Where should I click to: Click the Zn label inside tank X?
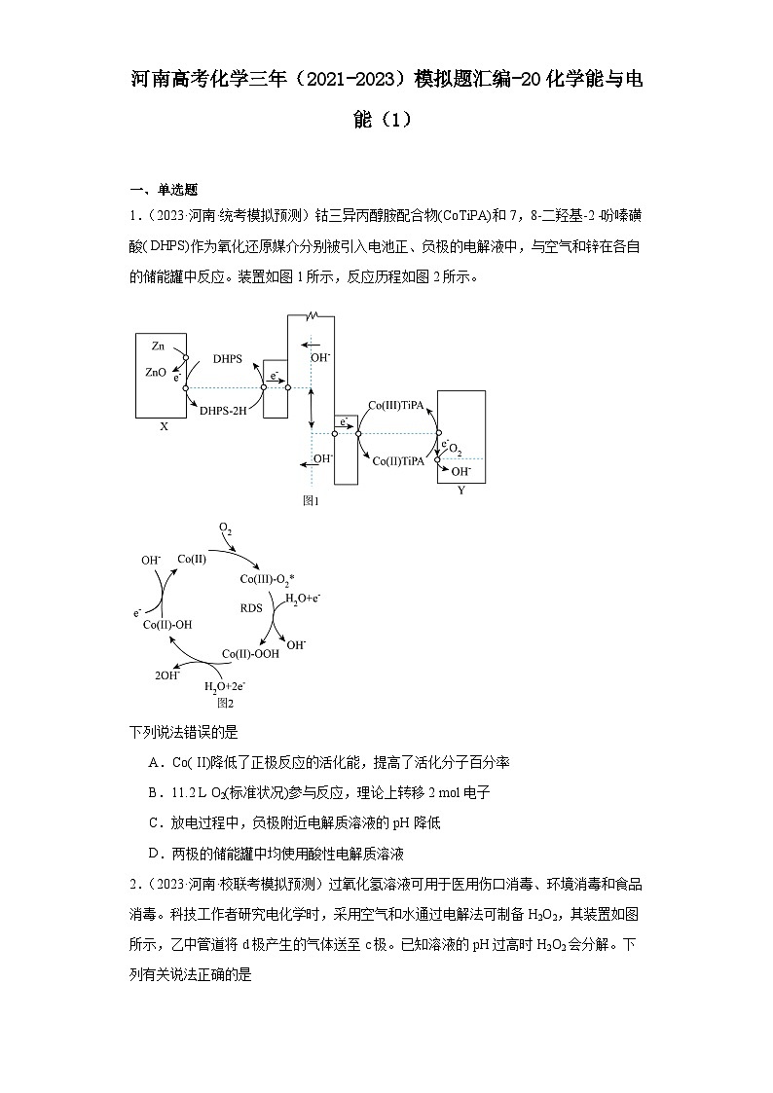coord(158,346)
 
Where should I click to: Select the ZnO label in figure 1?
coord(156,372)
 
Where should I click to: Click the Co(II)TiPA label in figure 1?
coord(399,460)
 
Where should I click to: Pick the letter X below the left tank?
coord(164,426)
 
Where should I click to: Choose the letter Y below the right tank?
coord(460,490)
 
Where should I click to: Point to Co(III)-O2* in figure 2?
coord(267,580)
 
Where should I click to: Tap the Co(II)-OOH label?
coord(250,654)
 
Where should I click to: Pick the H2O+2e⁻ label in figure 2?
coord(225,687)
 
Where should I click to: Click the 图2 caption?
coord(225,702)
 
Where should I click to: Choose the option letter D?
coord(154,854)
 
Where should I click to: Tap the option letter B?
coord(154,791)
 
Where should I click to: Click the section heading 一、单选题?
coord(165,190)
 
